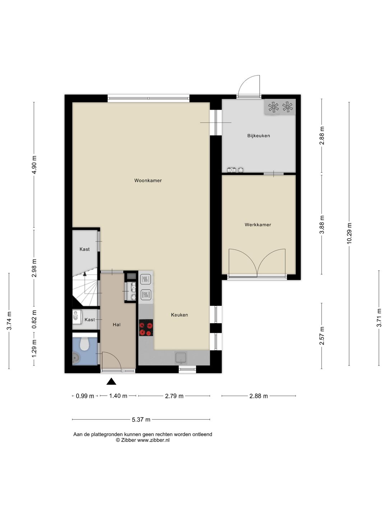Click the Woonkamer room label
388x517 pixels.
(148, 181)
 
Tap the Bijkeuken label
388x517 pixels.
(258, 136)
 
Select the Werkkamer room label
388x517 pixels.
(258, 225)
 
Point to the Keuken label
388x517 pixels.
(179, 315)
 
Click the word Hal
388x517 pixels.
(117, 325)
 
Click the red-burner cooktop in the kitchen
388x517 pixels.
(146, 327)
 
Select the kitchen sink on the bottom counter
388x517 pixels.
(181, 358)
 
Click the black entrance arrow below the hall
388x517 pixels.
(111, 381)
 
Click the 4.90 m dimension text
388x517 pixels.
(34, 165)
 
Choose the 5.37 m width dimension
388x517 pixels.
(141, 419)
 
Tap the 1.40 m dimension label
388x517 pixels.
(118, 396)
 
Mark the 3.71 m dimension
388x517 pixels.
(379, 318)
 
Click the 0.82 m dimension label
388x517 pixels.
(34, 320)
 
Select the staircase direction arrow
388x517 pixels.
(85, 273)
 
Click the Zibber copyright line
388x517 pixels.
(143, 440)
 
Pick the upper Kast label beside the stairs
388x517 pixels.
(84, 249)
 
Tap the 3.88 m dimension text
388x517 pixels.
(322, 224)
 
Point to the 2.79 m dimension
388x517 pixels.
(174, 396)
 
